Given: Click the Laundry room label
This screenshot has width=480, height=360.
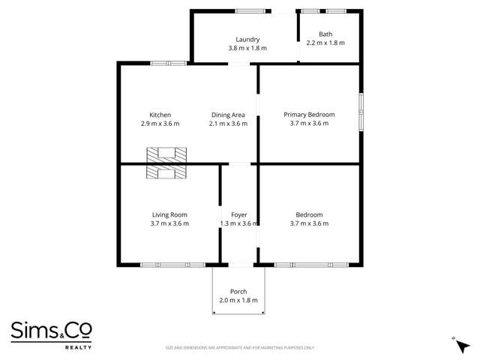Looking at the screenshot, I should coord(247,40).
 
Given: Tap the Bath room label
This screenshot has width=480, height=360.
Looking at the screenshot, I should coord(325,34).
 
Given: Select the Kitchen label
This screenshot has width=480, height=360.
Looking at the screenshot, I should coord(160,115).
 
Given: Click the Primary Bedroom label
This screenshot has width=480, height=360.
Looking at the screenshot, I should coord(309,115).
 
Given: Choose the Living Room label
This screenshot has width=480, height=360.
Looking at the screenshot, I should coord(169,214).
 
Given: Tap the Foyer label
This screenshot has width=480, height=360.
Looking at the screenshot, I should coord(239,214).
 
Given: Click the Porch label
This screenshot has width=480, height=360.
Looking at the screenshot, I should coord(238,292).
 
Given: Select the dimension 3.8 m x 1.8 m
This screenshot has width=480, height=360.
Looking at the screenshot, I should coord(247,48).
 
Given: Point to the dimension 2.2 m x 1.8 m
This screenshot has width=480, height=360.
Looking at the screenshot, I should coord(325,43).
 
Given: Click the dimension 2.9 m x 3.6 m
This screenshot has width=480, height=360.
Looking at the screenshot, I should coord(160,124).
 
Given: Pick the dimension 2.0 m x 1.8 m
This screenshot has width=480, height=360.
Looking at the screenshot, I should coord(238,300).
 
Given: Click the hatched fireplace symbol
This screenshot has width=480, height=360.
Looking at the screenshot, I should coord(166,163).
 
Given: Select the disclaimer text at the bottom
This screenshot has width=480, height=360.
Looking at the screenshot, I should coord(240,348).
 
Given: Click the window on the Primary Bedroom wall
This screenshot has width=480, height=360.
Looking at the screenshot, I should coord(361,112).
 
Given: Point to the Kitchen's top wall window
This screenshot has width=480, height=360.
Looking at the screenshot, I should coord(169,63).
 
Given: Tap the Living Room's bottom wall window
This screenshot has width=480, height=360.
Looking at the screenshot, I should coord(173,265).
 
